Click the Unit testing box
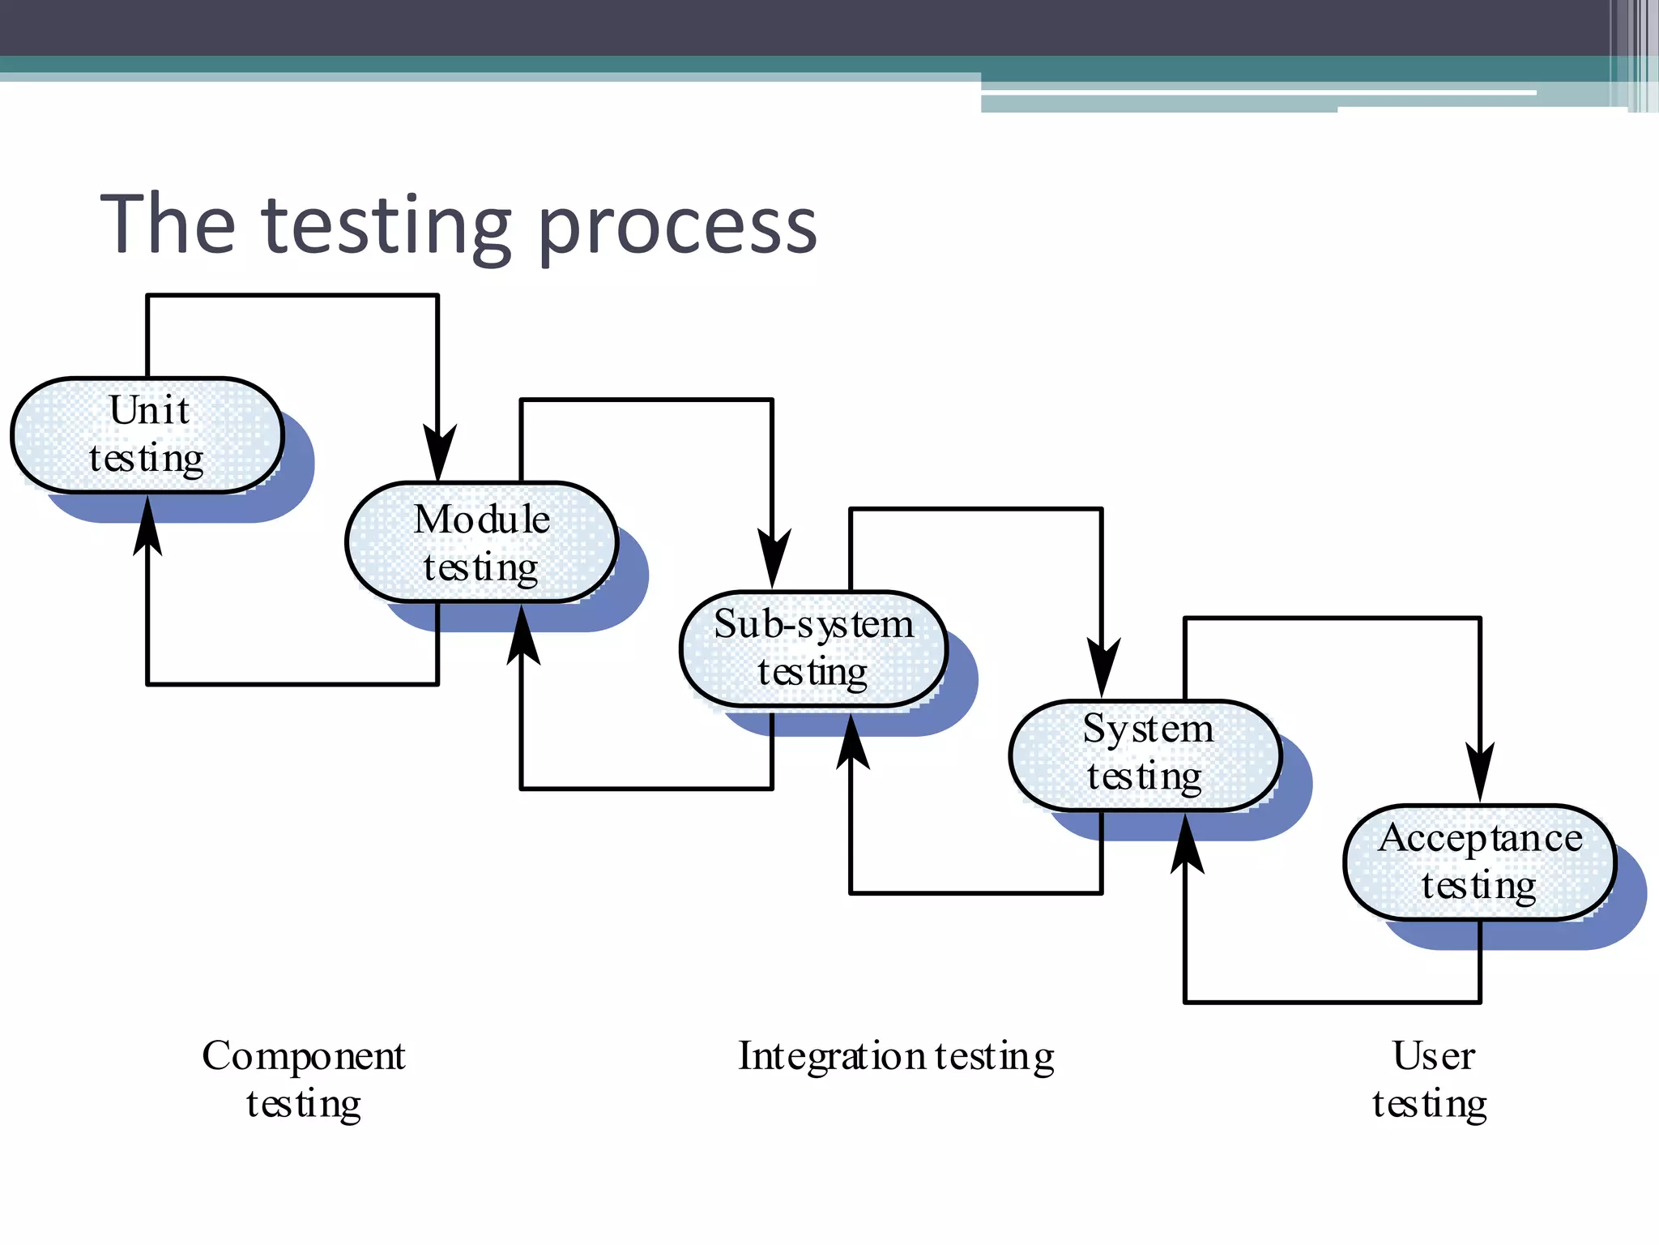point(147,435)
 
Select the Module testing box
point(481,542)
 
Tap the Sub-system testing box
point(813,648)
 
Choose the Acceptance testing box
point(1479,862)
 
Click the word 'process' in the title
point(677,227)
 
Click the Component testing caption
point(304,1079)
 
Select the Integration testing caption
point(896,1056)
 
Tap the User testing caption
point(1431,1079)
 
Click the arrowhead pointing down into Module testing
point(438,454)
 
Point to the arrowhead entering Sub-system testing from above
point(773,558)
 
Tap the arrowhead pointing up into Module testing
point(522,635)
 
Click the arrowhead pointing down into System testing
point(1102,667)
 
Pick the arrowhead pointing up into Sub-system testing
point(851,741)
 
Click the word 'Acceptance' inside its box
point(1480,838)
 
